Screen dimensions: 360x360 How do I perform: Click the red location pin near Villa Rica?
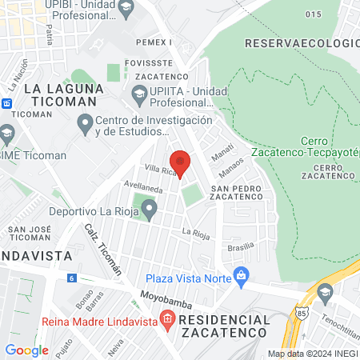click(x=180, y=162)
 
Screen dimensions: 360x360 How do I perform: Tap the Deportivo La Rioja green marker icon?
click(x=149, y=210)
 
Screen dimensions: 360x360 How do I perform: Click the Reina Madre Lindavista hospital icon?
click(x=167, y=321)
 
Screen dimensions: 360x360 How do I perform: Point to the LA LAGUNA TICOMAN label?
click(x=61, y=95)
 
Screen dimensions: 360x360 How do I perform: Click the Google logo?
click(x=26, y=350)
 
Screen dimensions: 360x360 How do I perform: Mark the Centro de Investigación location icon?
click(x=85, y=124)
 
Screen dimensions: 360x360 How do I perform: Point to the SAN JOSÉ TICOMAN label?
click(x=30, y=234)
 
